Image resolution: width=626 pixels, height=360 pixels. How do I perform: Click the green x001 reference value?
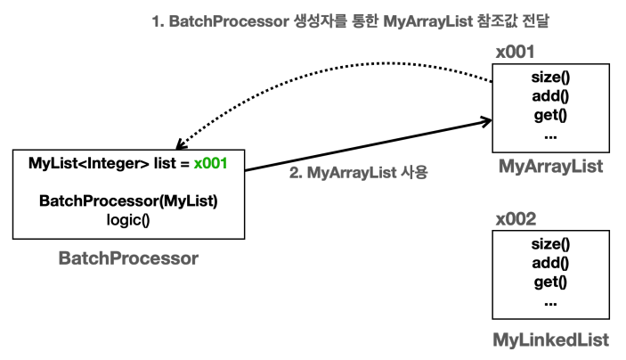tap(210, 163)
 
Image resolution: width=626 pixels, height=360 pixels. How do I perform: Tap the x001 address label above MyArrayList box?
tap(515, 52)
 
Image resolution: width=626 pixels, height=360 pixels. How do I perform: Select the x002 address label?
tap(516, 219)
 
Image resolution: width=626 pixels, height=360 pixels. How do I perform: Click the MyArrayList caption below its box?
tap(550, 167)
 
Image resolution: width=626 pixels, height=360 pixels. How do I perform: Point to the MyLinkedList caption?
tap(551, 340)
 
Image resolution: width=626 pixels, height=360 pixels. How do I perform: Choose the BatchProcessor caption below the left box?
tap(128, 258)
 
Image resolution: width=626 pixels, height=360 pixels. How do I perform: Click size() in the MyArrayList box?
tap(550, 78)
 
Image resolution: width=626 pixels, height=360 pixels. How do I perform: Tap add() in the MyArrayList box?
tap(550, 96)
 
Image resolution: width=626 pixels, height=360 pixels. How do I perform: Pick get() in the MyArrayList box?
tap(550, 116)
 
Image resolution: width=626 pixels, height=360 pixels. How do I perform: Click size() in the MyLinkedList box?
tap(550, 244)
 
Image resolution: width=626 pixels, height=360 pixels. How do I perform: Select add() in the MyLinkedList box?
tap(550, 263)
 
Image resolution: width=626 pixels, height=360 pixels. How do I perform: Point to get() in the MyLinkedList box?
tap(550, 282)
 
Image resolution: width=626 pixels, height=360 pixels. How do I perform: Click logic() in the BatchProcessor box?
tap(128, 220)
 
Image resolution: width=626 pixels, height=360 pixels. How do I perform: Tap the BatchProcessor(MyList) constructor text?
tap(128, 201)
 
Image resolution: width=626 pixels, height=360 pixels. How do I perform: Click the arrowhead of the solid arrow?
tap(489, 120)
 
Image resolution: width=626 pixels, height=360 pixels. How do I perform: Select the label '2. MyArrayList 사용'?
tap(359, 173)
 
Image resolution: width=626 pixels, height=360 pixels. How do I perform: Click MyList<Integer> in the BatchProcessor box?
tap(89, 163)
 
